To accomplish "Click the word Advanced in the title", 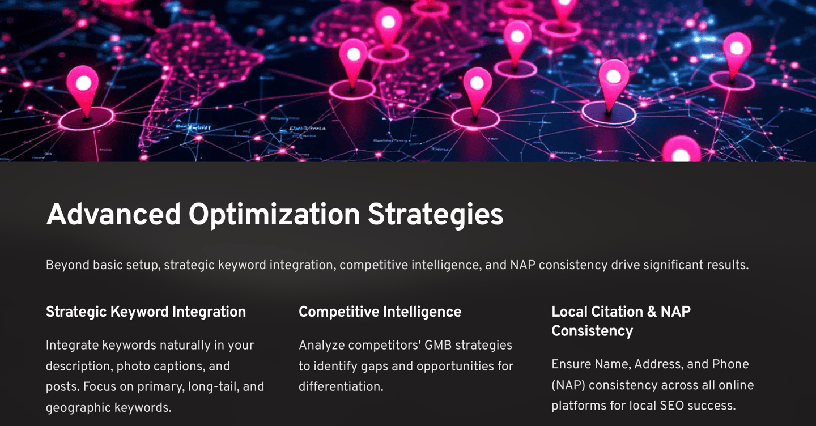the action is click(113, 214).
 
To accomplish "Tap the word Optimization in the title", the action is click(274, 215).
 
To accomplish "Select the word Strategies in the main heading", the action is click(435, 215).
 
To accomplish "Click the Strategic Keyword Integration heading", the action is click(146, 312).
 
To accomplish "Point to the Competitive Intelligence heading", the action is click(380, 312).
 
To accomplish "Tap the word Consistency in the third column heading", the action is click(592, 331).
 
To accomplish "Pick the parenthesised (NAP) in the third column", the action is click(568, 385).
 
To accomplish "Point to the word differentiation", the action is click(341, 387).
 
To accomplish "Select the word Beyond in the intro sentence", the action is click(67, 266).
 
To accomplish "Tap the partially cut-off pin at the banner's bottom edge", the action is click(681, 150).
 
